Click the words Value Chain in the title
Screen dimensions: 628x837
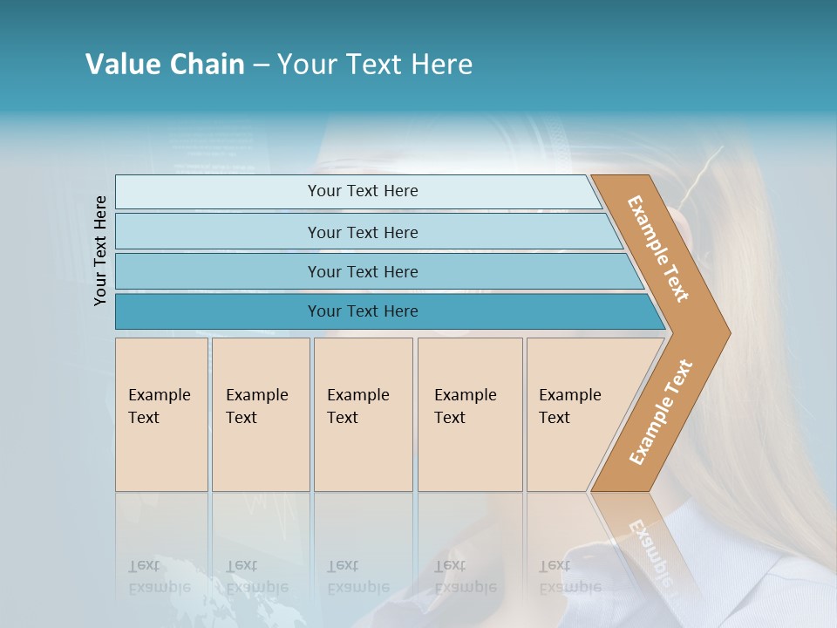point(165,65)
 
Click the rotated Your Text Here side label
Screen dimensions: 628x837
point(100,250)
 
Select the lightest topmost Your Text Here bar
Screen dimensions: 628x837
point(218,192)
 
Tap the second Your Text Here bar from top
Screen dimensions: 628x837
point(218,232)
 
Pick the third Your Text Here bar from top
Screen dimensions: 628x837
point(218,271)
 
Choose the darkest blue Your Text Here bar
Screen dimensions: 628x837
point(218,311)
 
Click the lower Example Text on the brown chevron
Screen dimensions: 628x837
point(660,413)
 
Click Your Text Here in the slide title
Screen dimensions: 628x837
point(375,65)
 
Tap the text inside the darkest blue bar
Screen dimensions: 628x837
point(363,311)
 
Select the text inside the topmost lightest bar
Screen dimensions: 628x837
point(363,191)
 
